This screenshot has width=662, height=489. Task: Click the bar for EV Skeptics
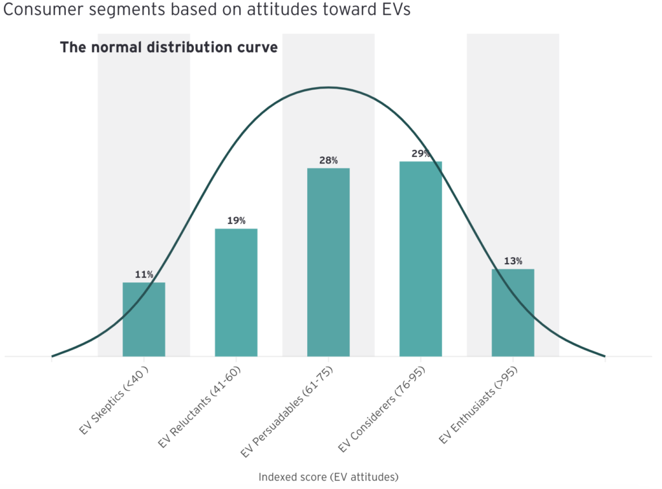(x=144, y=319)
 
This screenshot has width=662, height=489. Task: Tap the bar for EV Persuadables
(x=328, y=262)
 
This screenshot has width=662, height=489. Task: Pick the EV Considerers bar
(x=420, y=258)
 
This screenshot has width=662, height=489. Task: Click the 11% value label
(x=144, y=275)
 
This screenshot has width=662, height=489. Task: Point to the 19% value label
(x=236, y=221)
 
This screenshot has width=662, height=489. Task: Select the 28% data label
(x=328, y=160)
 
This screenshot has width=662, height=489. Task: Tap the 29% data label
(x=420, y=154)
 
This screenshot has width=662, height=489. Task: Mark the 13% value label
(x=513, y=261)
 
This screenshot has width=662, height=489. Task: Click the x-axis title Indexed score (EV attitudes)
(x=328, y=477)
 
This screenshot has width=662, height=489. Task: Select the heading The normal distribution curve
(x=169, y=48)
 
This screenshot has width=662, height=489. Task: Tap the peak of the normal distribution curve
(x=328, y=87)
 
